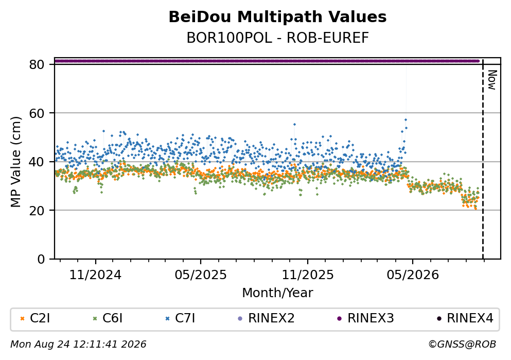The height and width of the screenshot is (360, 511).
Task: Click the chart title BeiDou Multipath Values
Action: click(277, 17)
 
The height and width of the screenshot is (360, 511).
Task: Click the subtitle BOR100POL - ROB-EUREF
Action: click(277, 38)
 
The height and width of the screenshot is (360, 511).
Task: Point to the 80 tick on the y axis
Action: click(37, 64)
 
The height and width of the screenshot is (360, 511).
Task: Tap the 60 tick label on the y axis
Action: click(37, 113)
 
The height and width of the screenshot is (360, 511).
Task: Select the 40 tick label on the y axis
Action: click(37, 162)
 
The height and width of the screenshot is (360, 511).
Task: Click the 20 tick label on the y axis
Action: click(37, 210)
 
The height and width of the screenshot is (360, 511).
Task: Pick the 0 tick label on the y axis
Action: click(41, 259)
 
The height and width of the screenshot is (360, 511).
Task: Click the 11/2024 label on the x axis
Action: click(95, 275)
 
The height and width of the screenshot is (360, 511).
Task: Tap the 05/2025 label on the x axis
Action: click(200, 275)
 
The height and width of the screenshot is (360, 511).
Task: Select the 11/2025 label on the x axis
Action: click(308, 275)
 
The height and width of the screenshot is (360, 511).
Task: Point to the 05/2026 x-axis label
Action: click(413, 275)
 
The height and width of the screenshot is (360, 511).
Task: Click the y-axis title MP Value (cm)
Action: click(15, 162)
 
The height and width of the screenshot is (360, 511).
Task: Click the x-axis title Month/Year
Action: click(277, 293)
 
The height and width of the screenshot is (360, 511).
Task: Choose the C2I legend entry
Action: click(35, 318)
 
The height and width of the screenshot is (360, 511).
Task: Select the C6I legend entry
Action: click(108, 318)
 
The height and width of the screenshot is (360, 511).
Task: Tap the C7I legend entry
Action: click(180, 318)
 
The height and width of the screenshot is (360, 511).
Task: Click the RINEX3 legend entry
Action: click(365, 318)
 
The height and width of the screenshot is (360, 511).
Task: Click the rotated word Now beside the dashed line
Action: click(492, 80)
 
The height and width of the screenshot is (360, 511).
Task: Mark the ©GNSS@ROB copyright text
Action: click(462, 345)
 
